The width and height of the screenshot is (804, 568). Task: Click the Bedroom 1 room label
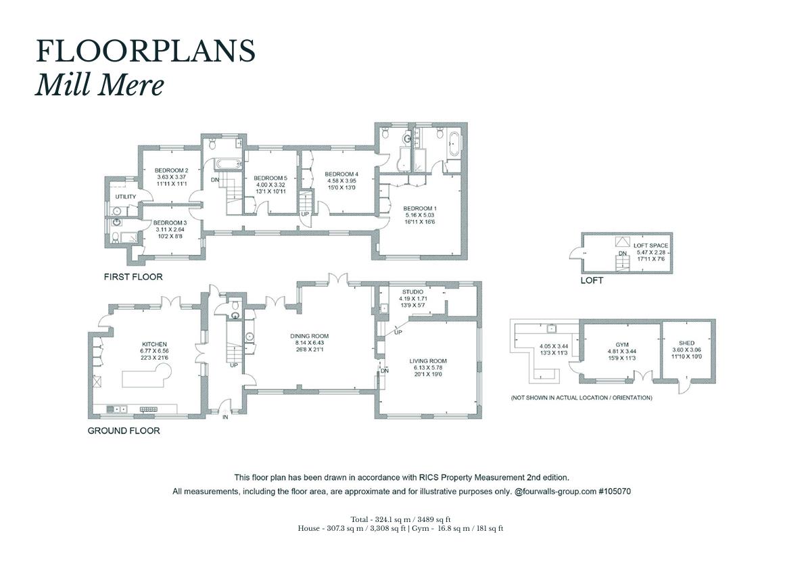[x=419, y=209]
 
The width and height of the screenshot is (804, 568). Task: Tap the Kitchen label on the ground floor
[x=154, y=344]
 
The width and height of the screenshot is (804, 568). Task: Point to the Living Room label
[x=428, y=361]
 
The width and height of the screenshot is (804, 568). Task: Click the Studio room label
[x=412, y=292]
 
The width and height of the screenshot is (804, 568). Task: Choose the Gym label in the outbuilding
[x=622, y=345]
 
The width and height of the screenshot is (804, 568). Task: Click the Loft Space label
[x=651, y=245]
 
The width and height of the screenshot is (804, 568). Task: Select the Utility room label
[x=126, y=197]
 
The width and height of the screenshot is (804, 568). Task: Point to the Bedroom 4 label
[x=341, y=174]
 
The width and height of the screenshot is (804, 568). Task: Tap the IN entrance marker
[x=225, y=417]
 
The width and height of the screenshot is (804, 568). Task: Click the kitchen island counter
[x=147, y=378]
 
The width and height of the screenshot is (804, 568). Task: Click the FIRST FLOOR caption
[x=133, y=277]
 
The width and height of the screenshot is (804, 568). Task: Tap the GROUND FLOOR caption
[x=124, y=431]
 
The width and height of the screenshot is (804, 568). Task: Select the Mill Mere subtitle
[x=99, y=85]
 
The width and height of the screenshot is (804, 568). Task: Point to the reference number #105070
[x=615, y=491]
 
